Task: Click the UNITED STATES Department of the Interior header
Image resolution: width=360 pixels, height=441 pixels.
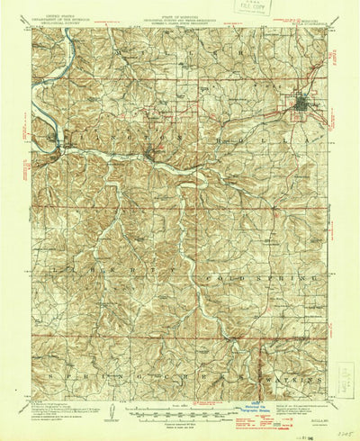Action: click(x=53, y=12)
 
